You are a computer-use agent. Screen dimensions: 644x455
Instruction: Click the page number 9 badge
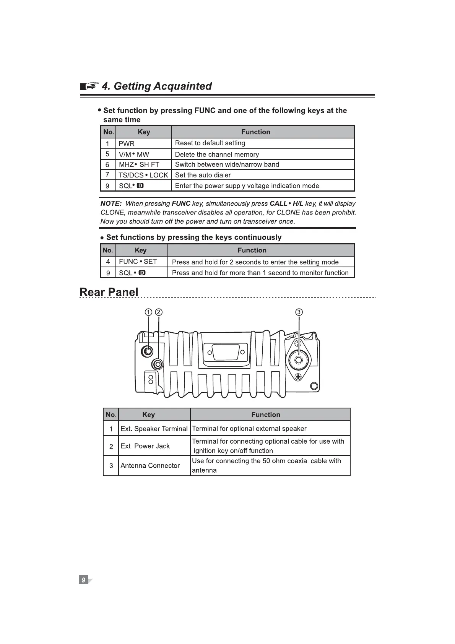point(83,579)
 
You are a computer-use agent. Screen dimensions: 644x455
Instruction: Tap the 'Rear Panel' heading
point(109,292)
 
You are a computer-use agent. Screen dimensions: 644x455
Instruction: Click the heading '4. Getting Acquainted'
point(157,86)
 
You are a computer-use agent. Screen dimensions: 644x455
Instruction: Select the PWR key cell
point(127,144)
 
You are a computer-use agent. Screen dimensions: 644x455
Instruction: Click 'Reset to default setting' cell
point(210,143)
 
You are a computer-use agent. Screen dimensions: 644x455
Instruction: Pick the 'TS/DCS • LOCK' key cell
point(143,175)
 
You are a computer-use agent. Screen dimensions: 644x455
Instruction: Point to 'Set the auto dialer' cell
point(203,175)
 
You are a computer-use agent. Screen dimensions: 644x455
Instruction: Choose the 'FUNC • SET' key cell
point(138,262)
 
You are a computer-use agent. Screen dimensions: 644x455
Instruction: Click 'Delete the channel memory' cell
point(217,154)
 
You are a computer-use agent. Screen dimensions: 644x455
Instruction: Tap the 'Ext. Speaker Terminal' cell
point(154,429)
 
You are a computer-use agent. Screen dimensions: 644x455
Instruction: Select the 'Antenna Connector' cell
point(150,465)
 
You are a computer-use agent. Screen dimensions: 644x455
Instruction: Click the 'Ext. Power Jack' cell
point(145,446)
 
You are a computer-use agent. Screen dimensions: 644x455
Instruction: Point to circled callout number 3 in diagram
point(299,312)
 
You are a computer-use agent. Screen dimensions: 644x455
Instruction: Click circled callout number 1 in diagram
point(148,312)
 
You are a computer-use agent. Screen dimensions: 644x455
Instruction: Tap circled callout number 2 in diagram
point(159,312)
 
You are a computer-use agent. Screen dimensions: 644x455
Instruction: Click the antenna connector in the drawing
point(298,359)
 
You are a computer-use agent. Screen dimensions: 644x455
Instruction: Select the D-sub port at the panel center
point(226,351)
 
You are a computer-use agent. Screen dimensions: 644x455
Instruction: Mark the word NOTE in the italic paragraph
point(111,203)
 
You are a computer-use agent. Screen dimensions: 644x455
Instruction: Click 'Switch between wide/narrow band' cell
point(227,164)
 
